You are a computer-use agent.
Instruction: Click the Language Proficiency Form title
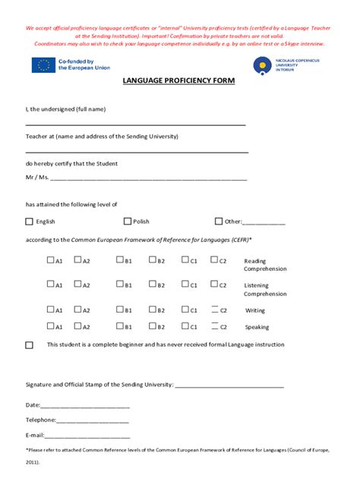point(179,80)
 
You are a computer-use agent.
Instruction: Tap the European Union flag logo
point(43,65)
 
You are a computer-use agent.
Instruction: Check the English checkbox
point(30,222)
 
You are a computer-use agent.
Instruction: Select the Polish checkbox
point(128,222)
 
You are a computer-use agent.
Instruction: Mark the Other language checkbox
point(219,222)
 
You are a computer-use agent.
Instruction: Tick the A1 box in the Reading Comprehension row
point(50,260)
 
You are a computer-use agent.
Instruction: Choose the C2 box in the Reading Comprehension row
point(214,260)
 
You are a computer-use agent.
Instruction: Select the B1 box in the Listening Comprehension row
point(120,285)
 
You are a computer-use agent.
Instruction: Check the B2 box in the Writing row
point(152,310)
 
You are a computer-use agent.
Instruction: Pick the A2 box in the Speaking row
point(77,326)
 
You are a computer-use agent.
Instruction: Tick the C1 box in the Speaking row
point(185,326)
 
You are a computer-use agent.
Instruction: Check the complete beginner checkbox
point(30,345)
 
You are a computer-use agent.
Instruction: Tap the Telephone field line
point(93,421)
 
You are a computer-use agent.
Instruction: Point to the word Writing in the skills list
point(255,310)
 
